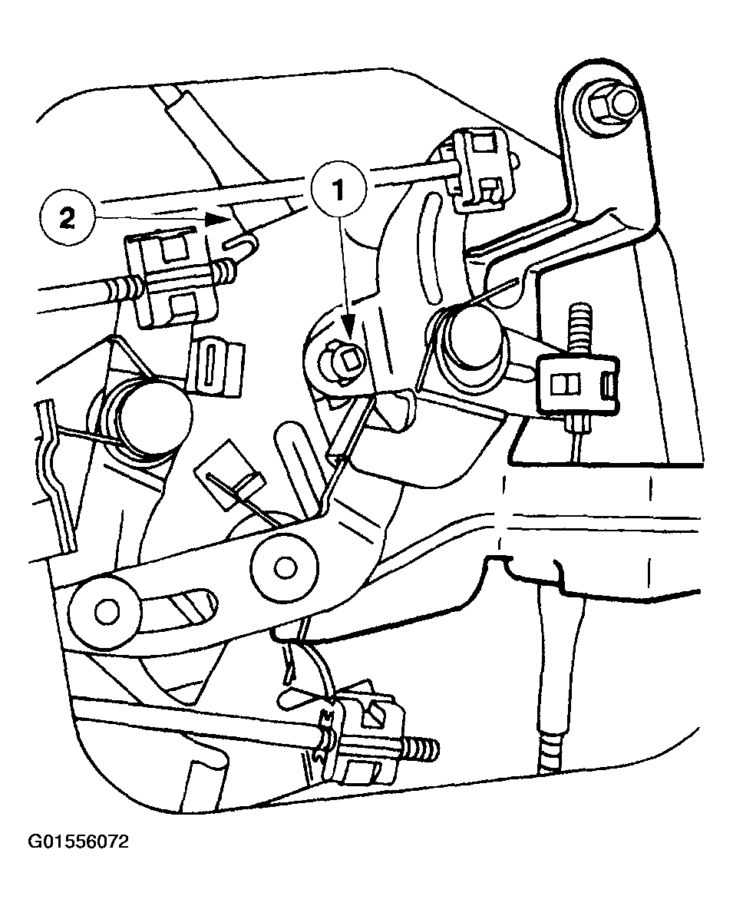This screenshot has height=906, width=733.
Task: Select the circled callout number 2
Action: pos(67,219)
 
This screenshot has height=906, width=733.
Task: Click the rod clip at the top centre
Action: pos(475,169)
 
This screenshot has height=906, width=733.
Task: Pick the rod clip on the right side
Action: pos(578,384)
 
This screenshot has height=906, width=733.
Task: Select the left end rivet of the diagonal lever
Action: pos(104,610)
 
